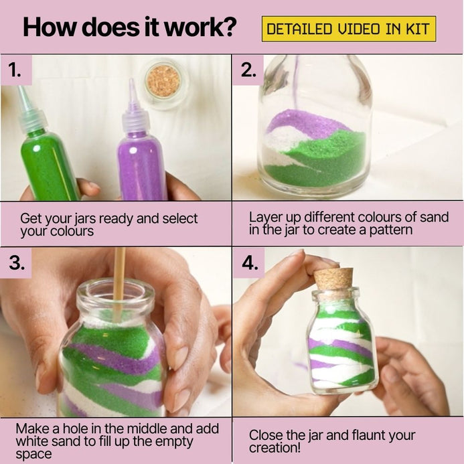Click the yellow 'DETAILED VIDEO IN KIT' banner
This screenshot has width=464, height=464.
pyautogui.click(x=349, y=29)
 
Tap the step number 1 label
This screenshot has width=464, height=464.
pyautogui.click(x=15, y=70)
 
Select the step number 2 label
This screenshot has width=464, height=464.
pyautogui.click(x=248, y=70)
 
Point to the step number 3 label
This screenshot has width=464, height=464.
pyautogui.click(x=17, y=262)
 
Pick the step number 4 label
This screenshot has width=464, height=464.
pyautogui.click(x=250, y=262)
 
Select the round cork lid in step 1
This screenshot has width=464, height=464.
pyautogui.click(x=163, y=82)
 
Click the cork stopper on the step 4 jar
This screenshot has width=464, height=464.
pyautogui.click(x=333, y=279)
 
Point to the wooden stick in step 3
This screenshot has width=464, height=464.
pyautogui.click(x=119, y=285)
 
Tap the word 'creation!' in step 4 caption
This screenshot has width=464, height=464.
pyautogui.click(x=275, y=448)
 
